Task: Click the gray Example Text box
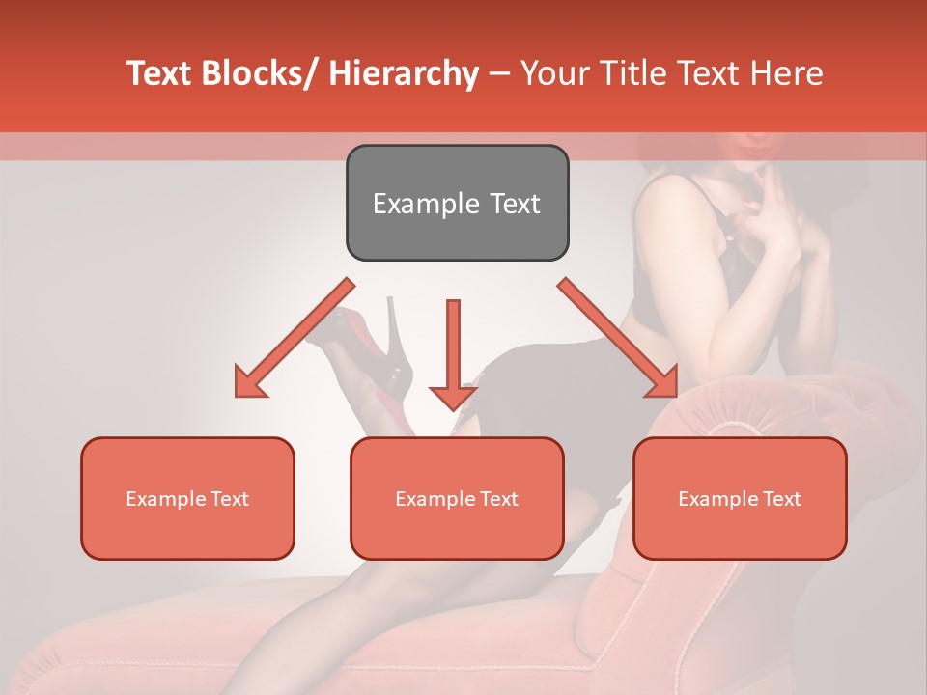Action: [x=457, y=203]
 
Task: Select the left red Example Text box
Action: [x=187, y=498]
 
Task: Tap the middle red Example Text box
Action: [x=457, y=498]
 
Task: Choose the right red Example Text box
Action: [x=740, y=498]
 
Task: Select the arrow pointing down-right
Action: [x=619, y=339]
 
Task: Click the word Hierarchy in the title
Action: [x=404, y=73]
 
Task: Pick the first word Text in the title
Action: [x=158, y=73]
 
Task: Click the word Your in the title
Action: [x=552, y=73]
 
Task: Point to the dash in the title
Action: [x=499, y=73]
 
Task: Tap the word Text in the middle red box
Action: [x=499, y=499]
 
